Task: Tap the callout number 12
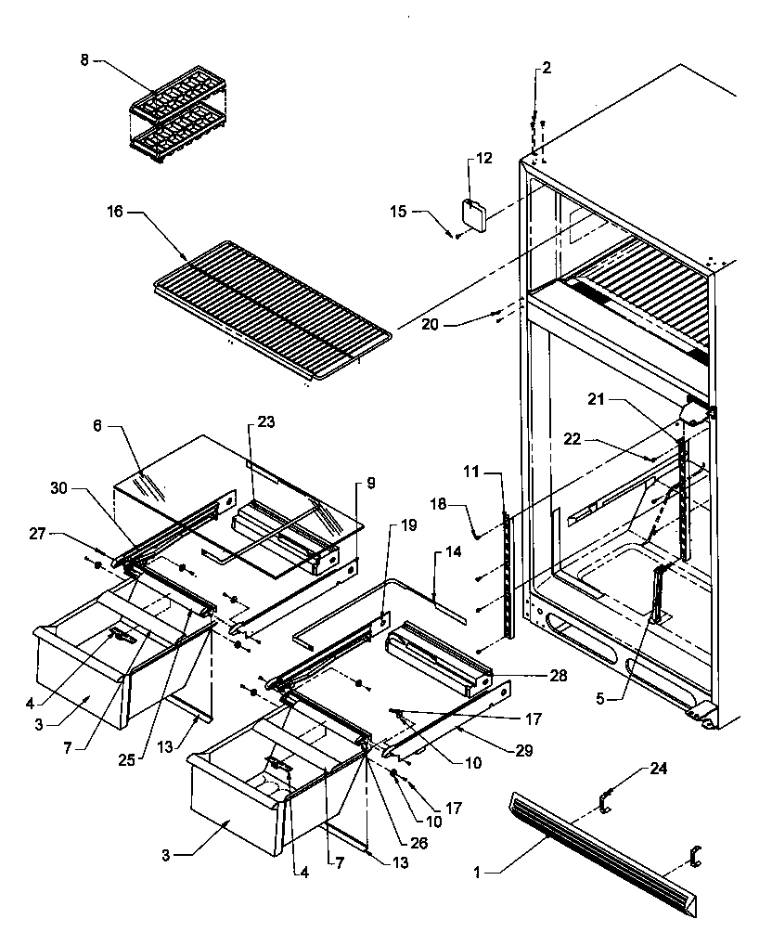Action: pos(483,159)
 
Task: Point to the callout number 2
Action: pos(546,68)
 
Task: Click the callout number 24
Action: pos(658,769)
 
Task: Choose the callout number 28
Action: pos(559,677)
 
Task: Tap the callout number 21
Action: pos(597,399)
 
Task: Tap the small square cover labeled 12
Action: pos(475,215)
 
